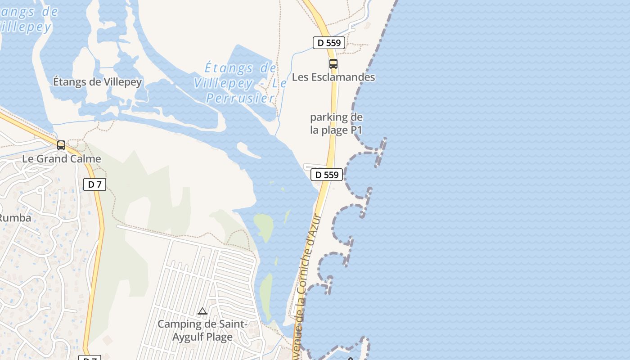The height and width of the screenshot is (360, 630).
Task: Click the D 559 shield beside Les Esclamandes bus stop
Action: point(329,43)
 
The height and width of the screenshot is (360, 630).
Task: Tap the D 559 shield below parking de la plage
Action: point(327,175)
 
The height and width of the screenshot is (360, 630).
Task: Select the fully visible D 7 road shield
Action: point(94,184)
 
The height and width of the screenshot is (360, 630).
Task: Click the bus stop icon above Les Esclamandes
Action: point(333,64)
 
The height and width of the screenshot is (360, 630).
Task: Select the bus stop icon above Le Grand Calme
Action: point(61,145)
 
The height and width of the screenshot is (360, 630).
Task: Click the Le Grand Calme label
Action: point(62,159)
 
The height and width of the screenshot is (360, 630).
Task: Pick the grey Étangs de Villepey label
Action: point(97,82)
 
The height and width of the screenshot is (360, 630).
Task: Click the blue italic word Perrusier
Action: point(241,98)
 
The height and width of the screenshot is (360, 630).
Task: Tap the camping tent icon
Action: point(202,311)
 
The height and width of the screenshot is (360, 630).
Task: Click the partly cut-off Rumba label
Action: point(15,218)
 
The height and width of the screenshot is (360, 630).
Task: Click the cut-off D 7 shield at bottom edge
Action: point(90,358)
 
